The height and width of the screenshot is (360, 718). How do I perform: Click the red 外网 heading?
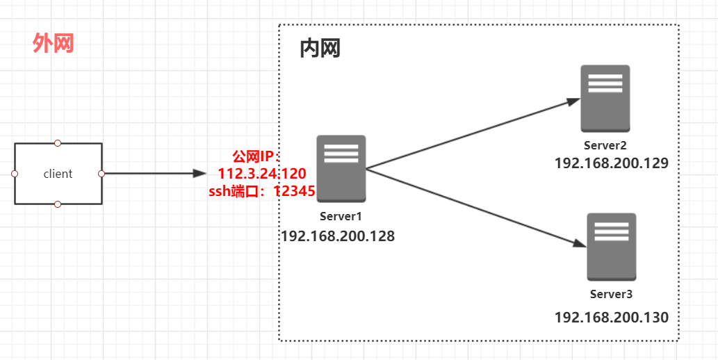pyautogui.click(x=54, y=44)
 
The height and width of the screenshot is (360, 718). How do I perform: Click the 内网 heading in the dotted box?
pyautogui.click(x=320, y=48)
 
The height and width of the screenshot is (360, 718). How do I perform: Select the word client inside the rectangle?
pyautogui.click(x=58, y=174)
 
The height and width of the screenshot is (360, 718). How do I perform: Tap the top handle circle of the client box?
pyautogui.click(x=58, y=143)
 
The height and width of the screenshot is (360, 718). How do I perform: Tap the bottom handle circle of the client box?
pyautogui.click(x=58, y=204)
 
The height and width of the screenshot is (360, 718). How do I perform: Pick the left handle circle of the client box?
pyautogui.click(x=15, y=174)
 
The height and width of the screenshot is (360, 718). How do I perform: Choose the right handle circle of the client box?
pyautogui.click(x=101, y=174)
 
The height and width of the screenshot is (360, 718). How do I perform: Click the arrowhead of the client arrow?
pyautogui.click(x=199, y=173)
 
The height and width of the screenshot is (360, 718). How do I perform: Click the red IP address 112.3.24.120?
pyautogui.click(x=262, y=174)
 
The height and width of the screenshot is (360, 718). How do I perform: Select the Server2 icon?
pyautogui.click(x=605, y=98)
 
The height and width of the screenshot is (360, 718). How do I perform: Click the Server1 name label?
pyautogui.click(x=341, y=215)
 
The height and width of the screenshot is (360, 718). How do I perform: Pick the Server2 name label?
pyautogui.click(x=605, y=145)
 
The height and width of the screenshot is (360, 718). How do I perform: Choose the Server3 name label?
pyautogui.click(x=611, y=294)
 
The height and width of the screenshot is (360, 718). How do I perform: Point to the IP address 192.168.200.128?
pyautogui.click(x=338, y=236)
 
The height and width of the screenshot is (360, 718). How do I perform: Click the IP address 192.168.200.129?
pyautogui.click(x=611, y=163)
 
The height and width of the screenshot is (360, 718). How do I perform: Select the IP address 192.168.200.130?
pyautogui.click(x=611, y=318)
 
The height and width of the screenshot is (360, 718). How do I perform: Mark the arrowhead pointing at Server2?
pyautogui.click(x=573, y=101)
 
